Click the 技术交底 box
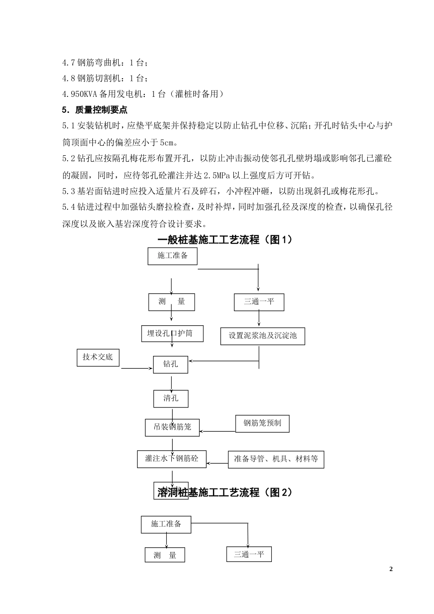(x=98, y=357)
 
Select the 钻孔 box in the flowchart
(x=170, y=364)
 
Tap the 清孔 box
(x=171, y=398)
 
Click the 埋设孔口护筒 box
(x=172, y=333)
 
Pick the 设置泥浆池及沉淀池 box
(x=263, y=336)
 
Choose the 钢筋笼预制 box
(x=262, y=423)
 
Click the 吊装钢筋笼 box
(x=172, y=427)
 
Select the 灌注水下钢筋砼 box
(x=172, y=458)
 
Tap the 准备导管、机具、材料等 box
(x=276, y=459)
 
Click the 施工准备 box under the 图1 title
(x=173, y=255)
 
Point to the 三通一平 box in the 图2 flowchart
(x=249, y=554)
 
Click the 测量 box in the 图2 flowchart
(x=165, y=556)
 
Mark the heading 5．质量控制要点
(x=95, y=110)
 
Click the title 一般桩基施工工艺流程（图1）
(x=224, y=239)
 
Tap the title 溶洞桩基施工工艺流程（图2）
(x=224, y=492)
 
